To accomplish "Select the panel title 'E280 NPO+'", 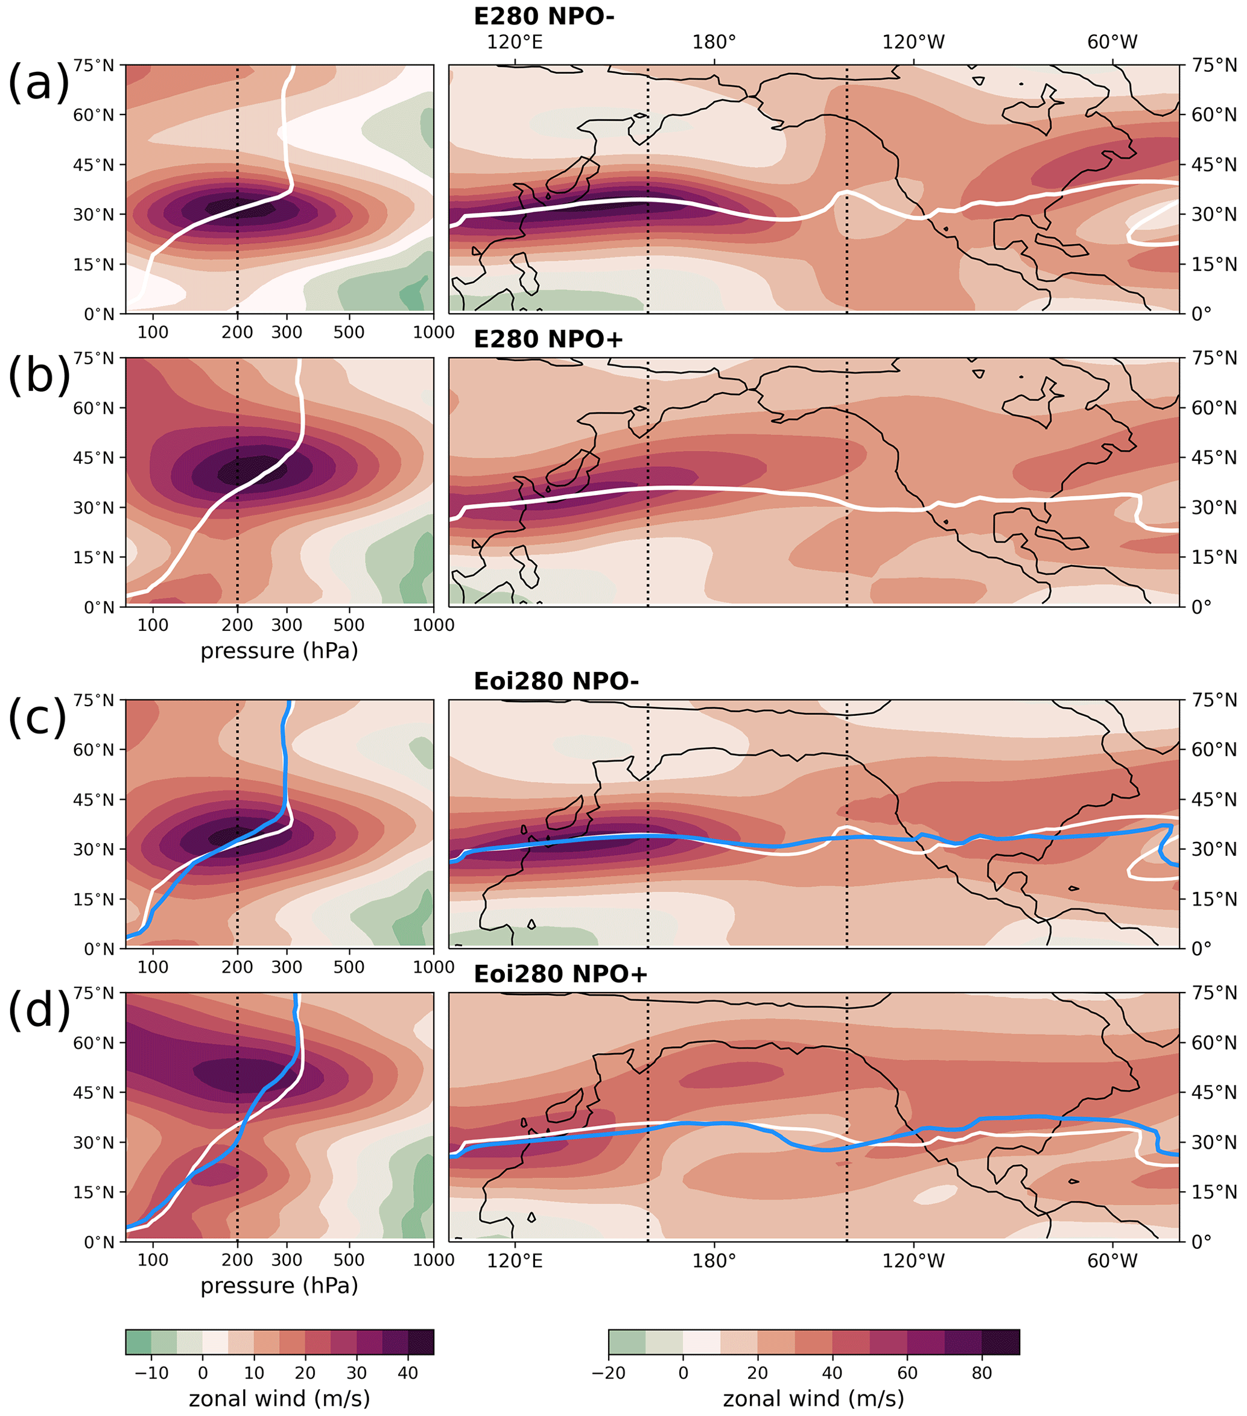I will coord(548,339).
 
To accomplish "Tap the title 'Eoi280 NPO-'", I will coord(556,681).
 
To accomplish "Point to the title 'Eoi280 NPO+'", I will coord(560,974).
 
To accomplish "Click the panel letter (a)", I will coord(38,82).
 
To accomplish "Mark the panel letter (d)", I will coord(38,1010).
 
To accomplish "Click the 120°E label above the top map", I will coord(515,42).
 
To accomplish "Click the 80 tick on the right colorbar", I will coord(982,1373).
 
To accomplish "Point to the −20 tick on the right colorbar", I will coord(608,1373).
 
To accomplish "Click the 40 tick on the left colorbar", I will coord(408,1373).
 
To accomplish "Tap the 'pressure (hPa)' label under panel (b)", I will coord(279,651).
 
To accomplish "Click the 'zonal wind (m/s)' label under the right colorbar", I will coord(813,1398).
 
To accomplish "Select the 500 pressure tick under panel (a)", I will coord(349,332).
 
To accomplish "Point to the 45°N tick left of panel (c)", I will coord(94,800).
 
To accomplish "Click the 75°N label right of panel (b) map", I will coord(1214,358).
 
